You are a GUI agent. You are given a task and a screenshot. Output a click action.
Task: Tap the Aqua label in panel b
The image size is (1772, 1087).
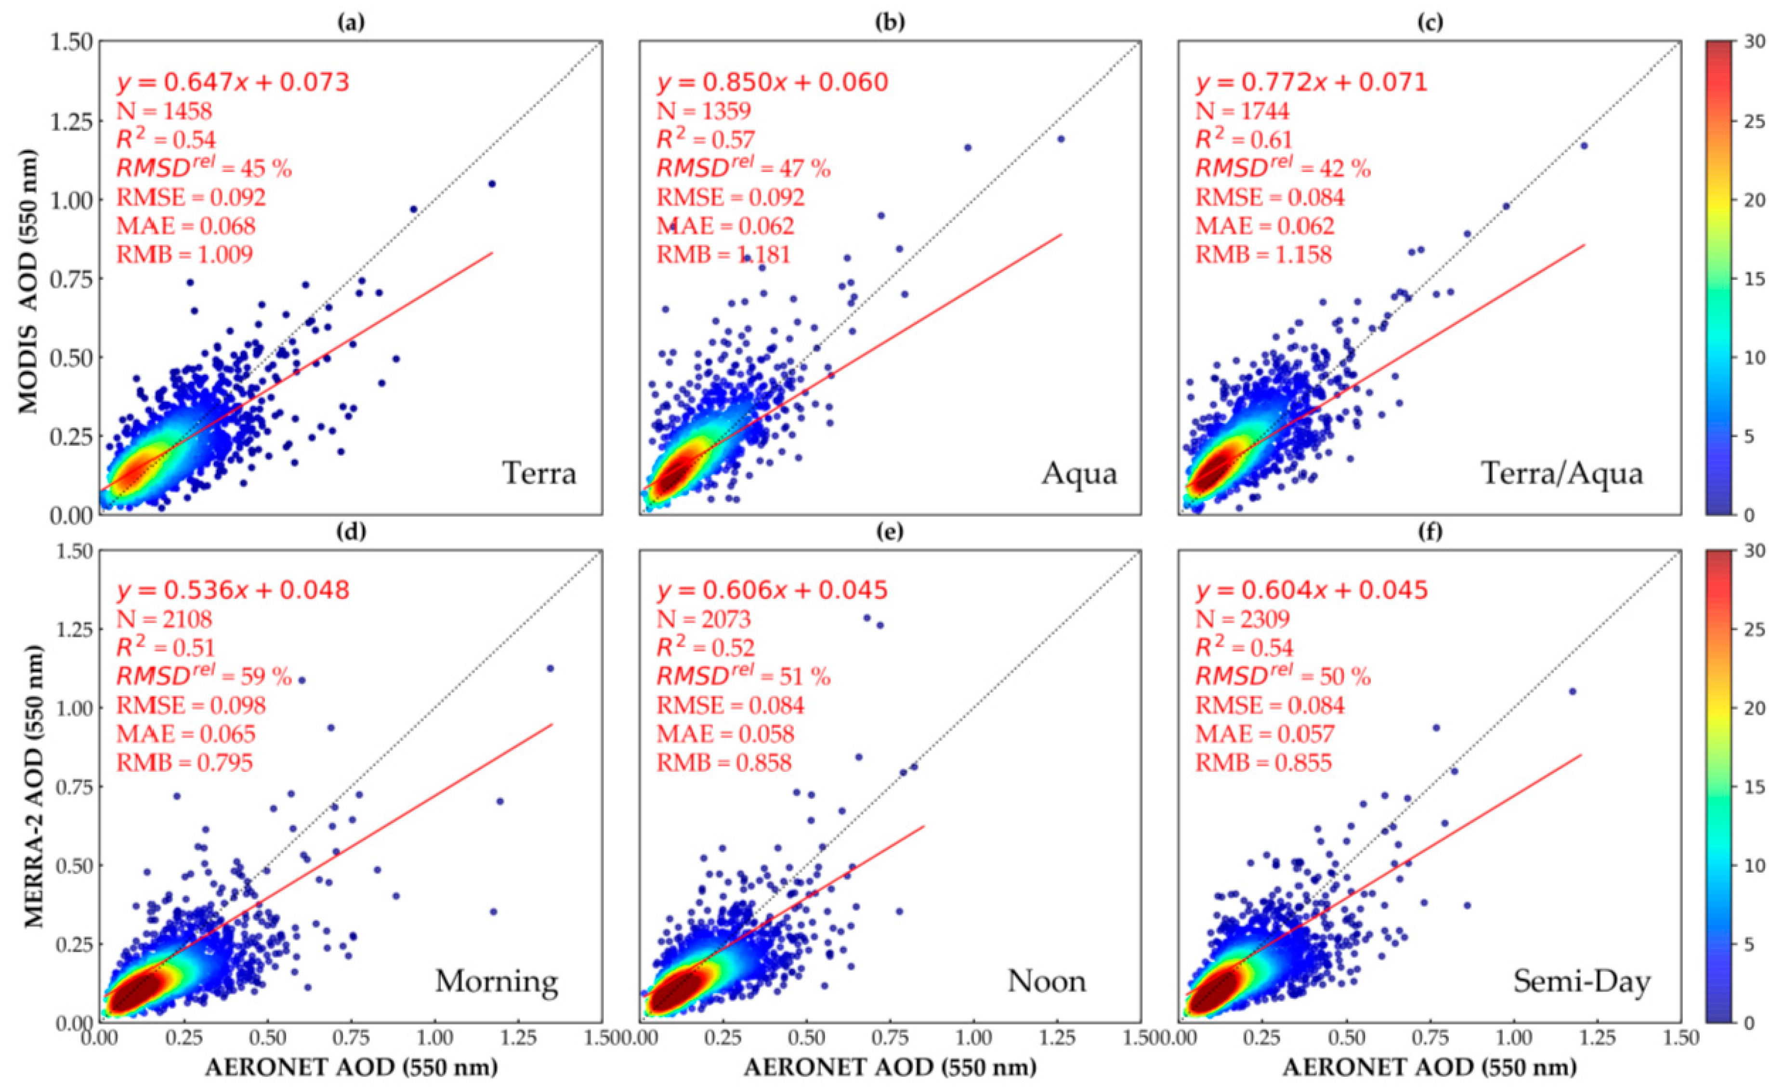pos(1079,473)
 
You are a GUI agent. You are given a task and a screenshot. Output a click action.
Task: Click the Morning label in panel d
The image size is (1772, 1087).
pos(496,981)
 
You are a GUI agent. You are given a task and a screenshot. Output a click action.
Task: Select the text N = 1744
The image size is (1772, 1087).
pos(1242,111)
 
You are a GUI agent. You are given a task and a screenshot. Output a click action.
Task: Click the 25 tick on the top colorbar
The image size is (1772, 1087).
pos(1755,121)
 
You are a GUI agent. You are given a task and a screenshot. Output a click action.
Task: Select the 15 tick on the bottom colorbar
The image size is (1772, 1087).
pos(1755,787)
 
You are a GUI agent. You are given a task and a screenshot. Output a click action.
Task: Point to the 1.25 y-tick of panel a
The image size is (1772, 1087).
pos(72,122)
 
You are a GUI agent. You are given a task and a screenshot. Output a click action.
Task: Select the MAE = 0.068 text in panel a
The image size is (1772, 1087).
pos(185,226)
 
